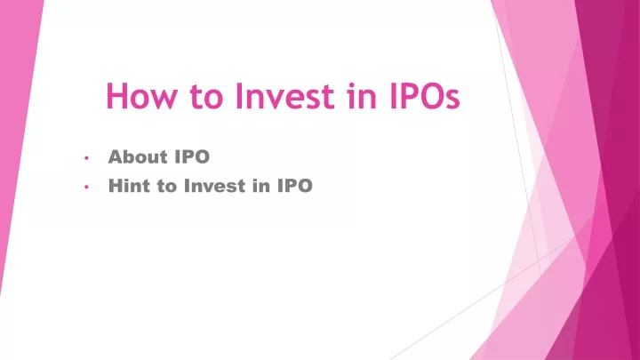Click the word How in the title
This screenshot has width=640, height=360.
click(142, 96)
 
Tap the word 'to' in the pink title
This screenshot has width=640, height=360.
click(206, 97)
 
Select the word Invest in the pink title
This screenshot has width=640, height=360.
click(285, 96)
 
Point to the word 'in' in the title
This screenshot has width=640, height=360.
click(362, 96)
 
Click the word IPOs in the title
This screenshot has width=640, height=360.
click(425, 96)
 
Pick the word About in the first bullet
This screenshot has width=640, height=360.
click(138, 156)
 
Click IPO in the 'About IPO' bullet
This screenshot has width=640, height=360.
click(192, 156)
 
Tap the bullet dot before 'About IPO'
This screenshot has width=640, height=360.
click(86, 157)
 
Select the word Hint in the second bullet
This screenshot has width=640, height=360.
click(129, 186)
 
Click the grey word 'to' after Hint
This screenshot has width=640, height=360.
click(166, 187)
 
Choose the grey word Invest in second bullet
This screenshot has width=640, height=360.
click(215, 186)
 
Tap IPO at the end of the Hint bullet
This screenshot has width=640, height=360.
click(295, 186)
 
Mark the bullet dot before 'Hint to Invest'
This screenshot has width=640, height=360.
click(86, 187)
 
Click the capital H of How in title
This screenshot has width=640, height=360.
click(116, 96)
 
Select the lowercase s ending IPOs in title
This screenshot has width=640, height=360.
click(452, 100)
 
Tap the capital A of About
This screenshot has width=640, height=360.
click(116, 156)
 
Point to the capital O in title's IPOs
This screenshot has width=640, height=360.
click(428, 96)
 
